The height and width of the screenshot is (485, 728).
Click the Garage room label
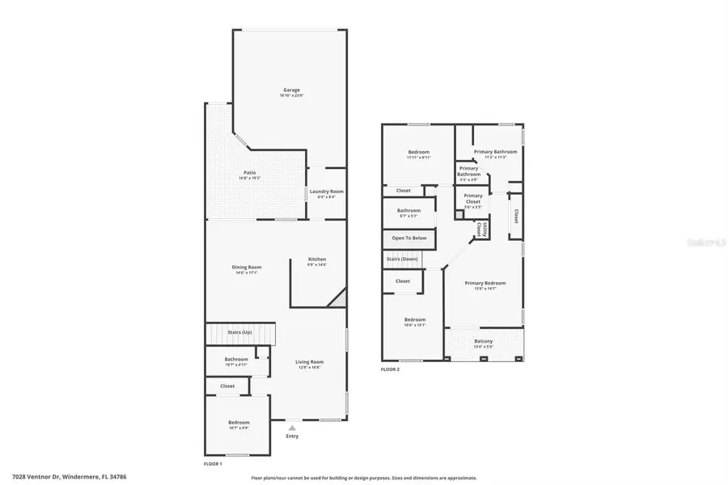tap(291, 90)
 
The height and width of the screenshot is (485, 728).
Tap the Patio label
tap(250, 172)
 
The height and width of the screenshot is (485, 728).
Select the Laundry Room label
tap(326, 192)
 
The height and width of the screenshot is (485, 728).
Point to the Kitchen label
tap(316, 259)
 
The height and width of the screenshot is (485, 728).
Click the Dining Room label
tap(248, 267)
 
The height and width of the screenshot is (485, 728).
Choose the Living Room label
tap(309, 362)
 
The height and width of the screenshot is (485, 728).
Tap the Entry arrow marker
tap(292, 427)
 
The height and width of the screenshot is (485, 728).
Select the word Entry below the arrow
tap(292, 436)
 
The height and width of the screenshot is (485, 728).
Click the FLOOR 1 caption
tap(213, 464)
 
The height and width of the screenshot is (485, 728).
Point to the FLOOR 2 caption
tap(390, 369)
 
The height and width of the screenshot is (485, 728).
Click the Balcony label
tap(484, 341)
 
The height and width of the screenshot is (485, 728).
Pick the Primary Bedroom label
tap(485, 283)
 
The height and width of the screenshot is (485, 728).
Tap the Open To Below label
tap(409, 238)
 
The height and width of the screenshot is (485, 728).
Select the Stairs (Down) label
tap(402, 259)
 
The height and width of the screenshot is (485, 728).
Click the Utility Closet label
tap(480, 229)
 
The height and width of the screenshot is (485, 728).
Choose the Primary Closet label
tap(473, 199)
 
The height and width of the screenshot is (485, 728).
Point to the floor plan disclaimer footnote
tap(364, 478)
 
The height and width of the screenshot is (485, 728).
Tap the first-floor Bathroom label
tap(236, 359)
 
